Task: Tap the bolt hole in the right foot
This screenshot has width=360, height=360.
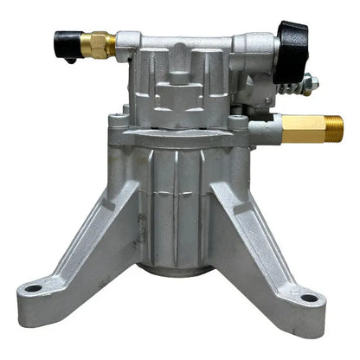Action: click(x=308, y=299)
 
